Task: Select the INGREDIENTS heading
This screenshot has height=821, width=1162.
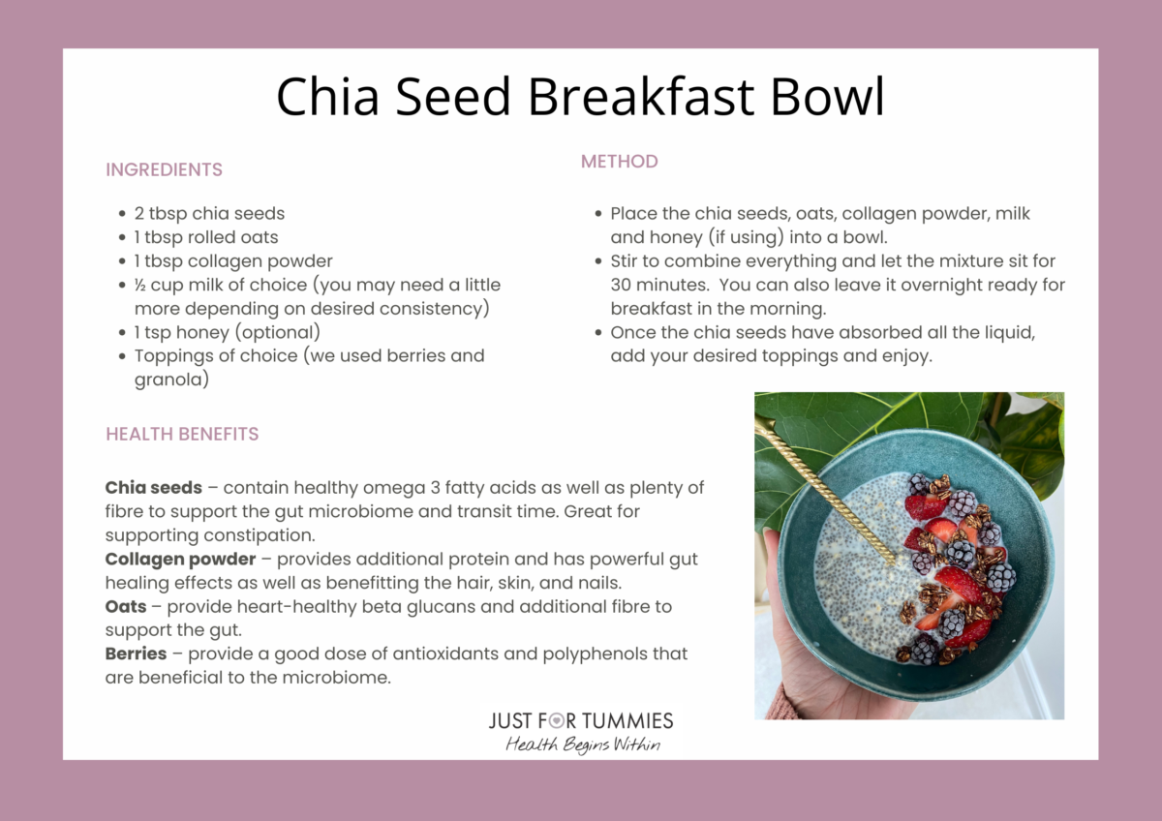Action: (164, 169)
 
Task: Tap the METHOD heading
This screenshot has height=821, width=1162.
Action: (619, 162)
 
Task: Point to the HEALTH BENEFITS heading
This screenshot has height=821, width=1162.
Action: (182, 434)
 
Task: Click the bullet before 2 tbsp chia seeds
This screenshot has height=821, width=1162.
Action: (121, 214)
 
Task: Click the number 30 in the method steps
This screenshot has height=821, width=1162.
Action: (621, 285)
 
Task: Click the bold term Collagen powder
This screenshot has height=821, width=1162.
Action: (180, 560)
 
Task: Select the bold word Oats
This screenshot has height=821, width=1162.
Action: (126, 607)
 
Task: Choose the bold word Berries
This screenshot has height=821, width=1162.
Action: (136, 654)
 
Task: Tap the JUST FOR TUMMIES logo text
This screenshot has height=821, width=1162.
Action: (581, 720)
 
